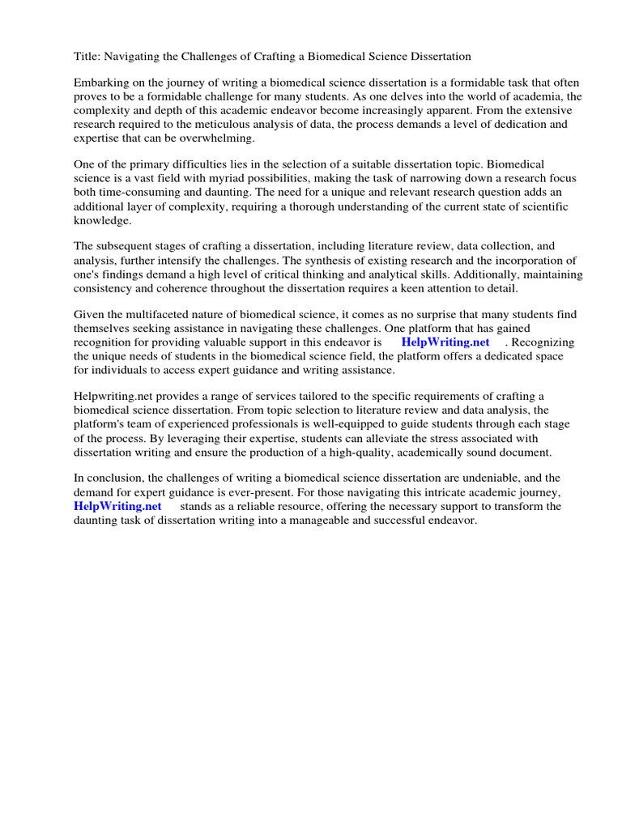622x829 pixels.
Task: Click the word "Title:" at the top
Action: [x=87, y=57]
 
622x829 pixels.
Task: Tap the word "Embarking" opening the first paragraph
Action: [x=102, y=83]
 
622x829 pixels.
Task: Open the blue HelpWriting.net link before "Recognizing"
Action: [x=445, y=342]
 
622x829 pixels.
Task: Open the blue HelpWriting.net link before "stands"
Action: [x=117, y=506]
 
